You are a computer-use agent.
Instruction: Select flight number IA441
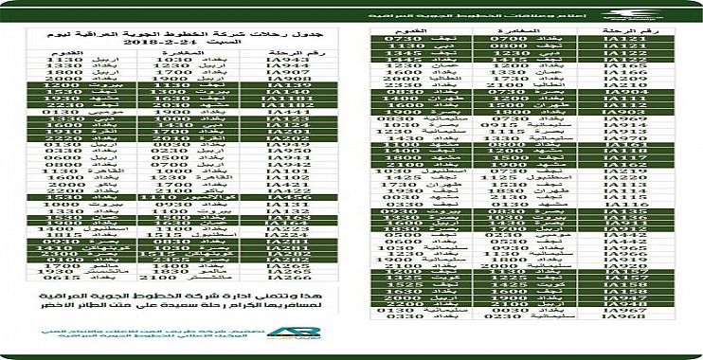[259, 110]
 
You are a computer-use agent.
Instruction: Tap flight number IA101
[259, 171]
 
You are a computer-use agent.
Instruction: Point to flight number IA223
[259, 229]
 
